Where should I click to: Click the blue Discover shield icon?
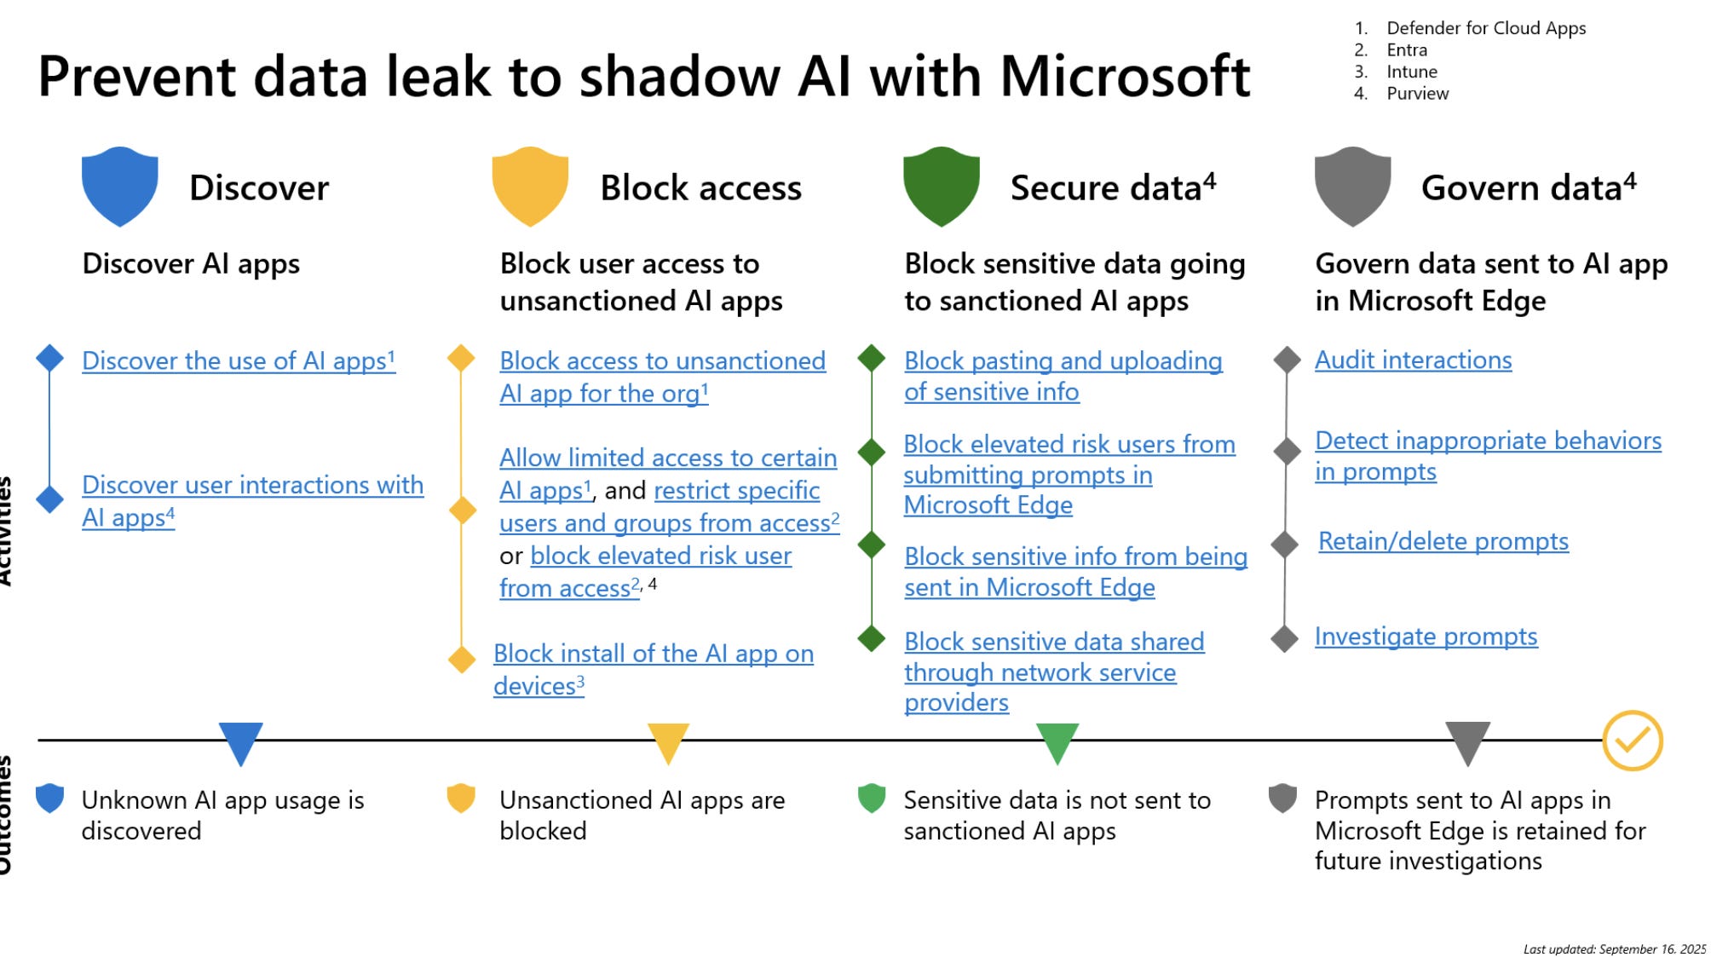click(119, 187)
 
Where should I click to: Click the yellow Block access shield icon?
click(530, 187)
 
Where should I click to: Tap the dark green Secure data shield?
click(941, 187)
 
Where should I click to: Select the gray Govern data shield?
click(1352, 187)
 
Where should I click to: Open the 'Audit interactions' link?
click(1413, 360)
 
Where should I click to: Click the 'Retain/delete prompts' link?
click(1443, 541)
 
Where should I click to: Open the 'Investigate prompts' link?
click(1426, 637)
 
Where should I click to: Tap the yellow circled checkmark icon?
click(1632, 741)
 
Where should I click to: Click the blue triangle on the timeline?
click(240, 742)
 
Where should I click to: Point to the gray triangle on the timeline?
click(1467, 742)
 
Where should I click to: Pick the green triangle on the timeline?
click(1057, 742)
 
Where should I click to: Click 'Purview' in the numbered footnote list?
click(1417, 94)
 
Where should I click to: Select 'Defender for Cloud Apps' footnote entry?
click(1485, 28)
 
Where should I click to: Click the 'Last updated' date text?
click(1614, 948)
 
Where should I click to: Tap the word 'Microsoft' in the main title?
click(1125, 77)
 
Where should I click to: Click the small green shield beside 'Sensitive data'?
click(872, 798)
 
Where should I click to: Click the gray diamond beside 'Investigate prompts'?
click(1284, 638)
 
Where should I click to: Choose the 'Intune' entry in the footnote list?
click(1411, 72)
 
